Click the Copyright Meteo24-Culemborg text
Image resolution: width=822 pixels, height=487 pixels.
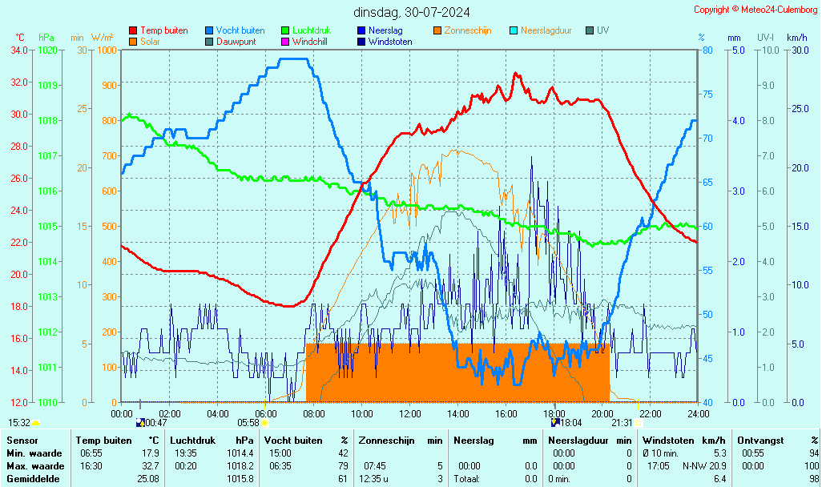(x=755, y=10)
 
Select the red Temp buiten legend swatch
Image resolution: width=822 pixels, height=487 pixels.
(x=133, y=30)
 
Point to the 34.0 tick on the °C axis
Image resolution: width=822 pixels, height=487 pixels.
(x=19, y=50)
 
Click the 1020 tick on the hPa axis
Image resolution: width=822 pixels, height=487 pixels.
(x=47, y=50)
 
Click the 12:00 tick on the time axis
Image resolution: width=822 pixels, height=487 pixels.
(x=410, y=413)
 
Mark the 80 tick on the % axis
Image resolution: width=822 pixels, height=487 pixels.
(x=707, y=50)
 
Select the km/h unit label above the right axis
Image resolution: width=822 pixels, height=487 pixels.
(x=796, y=38)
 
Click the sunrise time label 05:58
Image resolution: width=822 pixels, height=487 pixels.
(x=248, y=422)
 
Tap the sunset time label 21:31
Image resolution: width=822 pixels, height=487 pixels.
(x=622, y=422)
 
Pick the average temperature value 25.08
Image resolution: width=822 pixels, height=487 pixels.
(x=147, y=478)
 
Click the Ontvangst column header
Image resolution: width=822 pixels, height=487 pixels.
(x=760, y=440)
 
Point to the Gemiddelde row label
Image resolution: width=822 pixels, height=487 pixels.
(x=34, y=478)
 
